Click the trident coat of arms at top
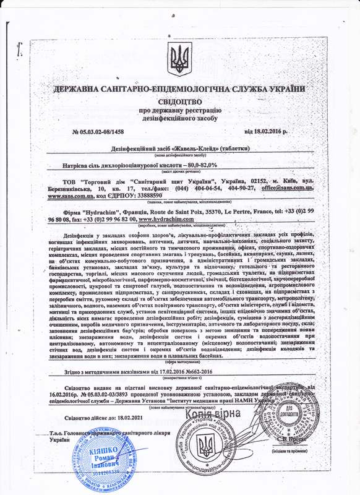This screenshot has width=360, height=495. pos(180,60)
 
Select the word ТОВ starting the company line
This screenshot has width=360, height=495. pos(73,179)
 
